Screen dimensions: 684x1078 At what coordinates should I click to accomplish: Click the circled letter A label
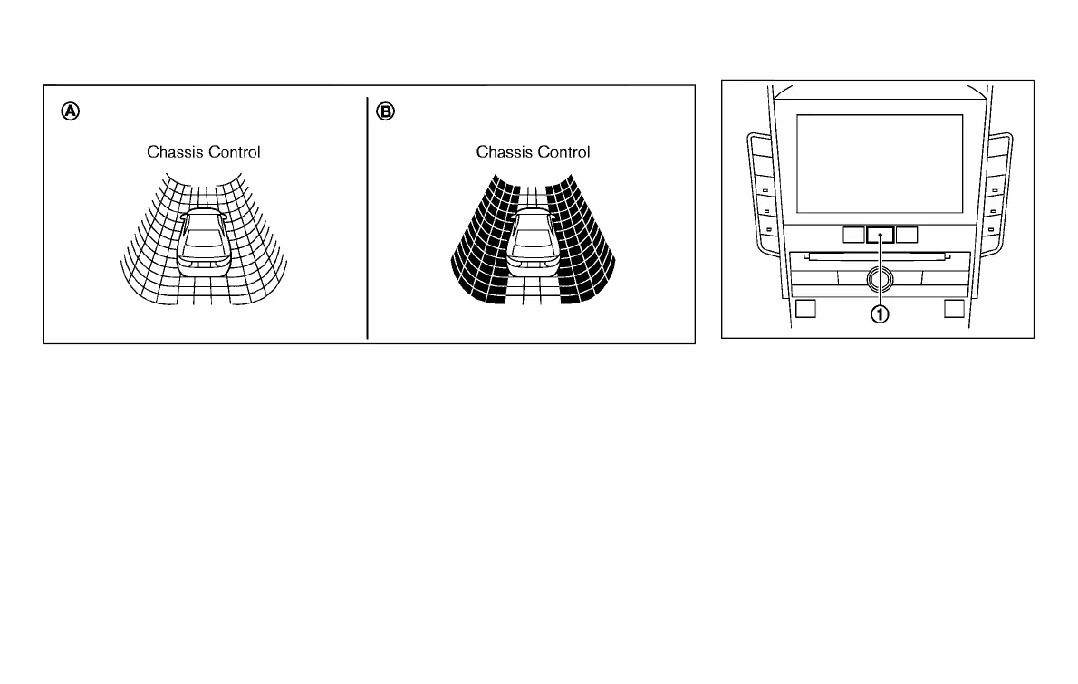70,111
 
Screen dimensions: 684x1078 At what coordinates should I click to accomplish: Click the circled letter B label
386,111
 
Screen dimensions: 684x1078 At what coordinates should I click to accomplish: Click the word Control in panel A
234,152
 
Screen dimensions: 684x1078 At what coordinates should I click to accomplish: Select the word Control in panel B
563,152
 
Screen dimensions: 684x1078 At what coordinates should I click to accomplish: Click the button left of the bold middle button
852,236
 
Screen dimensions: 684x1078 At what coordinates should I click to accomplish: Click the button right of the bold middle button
907,236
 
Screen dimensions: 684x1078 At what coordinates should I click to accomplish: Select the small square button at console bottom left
805,308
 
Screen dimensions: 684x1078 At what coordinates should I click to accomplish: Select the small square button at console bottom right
953,308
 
